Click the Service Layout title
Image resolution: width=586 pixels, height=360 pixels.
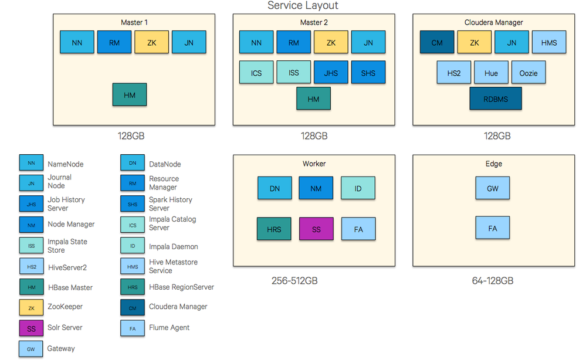point(303,6)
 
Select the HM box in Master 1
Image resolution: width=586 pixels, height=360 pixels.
point(130,94)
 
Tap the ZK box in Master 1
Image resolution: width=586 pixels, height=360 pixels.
point(151,42)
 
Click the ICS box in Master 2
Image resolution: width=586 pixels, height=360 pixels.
point(256,73)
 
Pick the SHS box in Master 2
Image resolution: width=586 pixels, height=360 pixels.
point(368,73)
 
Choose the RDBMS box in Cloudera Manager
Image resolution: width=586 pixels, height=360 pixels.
point(495,99)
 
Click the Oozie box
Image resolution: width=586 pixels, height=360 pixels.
point(529,73)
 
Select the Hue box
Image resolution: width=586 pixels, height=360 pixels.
point(491,73)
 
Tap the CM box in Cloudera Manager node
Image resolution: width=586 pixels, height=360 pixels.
point(437,42)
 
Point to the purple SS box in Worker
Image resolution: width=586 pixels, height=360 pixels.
point(316,229)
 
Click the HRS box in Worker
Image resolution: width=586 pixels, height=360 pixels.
point(274,229)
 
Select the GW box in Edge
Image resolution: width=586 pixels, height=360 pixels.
point(493,188)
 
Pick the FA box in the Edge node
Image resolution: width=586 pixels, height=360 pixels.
point(493,228)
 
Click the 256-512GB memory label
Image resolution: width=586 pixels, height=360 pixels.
point(294,281)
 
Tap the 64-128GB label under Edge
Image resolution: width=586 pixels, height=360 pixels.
point(493,281)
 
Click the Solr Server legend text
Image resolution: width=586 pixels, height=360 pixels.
point(65,327)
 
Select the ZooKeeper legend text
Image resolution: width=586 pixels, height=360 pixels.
point(65,307)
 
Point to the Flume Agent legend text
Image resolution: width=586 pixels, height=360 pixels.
point(169,327)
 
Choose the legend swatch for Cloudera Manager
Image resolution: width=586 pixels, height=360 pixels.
point(133,307)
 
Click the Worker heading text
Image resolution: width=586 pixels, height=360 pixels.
point(314,164)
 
